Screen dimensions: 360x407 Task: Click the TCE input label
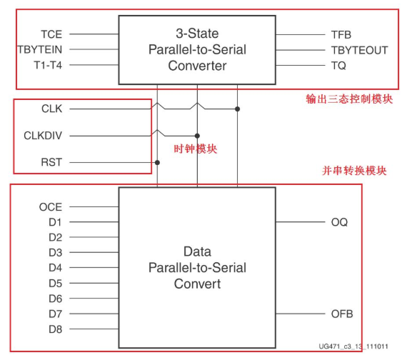coord(51,34)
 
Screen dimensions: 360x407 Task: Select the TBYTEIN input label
coord(39,49)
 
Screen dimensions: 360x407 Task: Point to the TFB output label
coord(341,34)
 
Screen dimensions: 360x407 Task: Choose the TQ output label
coord(338,65)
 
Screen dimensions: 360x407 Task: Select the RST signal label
coord(51,162)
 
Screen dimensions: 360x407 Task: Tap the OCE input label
coord(50,207)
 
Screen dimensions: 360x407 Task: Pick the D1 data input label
coord(55,222)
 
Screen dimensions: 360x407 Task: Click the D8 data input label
coord(55,329)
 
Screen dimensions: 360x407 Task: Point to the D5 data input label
coord(55,283)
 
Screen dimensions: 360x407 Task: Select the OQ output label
coord(339,222)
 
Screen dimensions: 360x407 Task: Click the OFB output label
coord(341,314)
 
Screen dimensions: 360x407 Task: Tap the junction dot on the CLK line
coord(237,109)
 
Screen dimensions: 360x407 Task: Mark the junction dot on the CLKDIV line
coord(197,135)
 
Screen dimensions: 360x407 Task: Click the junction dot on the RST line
coord(157,162)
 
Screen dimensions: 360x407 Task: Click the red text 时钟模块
coord(196,149)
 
